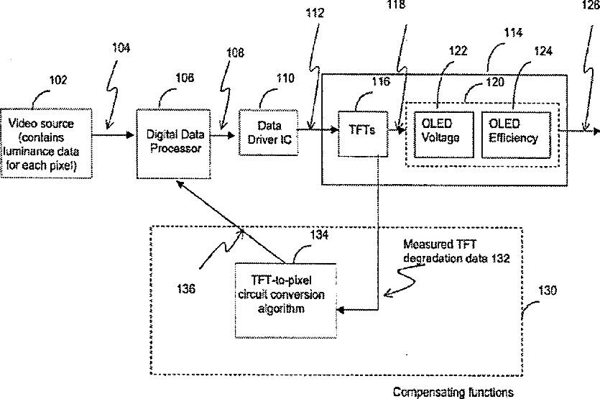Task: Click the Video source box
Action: point(46,144)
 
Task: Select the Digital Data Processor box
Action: point(174,144)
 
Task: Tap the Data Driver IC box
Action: point(269,132)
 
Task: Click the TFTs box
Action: point(363,134)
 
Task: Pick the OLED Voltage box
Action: point(444,134)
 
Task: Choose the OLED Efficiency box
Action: point(516,134)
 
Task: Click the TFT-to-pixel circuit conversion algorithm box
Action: point(286,301)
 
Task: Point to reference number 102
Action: point(58,80)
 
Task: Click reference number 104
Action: point(121,48)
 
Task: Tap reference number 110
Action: point(285,78)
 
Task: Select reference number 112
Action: point(315,13)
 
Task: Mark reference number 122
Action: point(458,50)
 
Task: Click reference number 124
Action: point(543,51)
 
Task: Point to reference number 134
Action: point(319,234)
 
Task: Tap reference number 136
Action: point(186,289)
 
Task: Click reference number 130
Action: point(548,290)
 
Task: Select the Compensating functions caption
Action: point(453,392)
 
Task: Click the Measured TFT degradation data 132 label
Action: point(456,251)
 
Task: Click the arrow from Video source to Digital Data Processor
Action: point(114,134)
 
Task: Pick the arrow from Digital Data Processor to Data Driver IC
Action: point(223,135)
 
